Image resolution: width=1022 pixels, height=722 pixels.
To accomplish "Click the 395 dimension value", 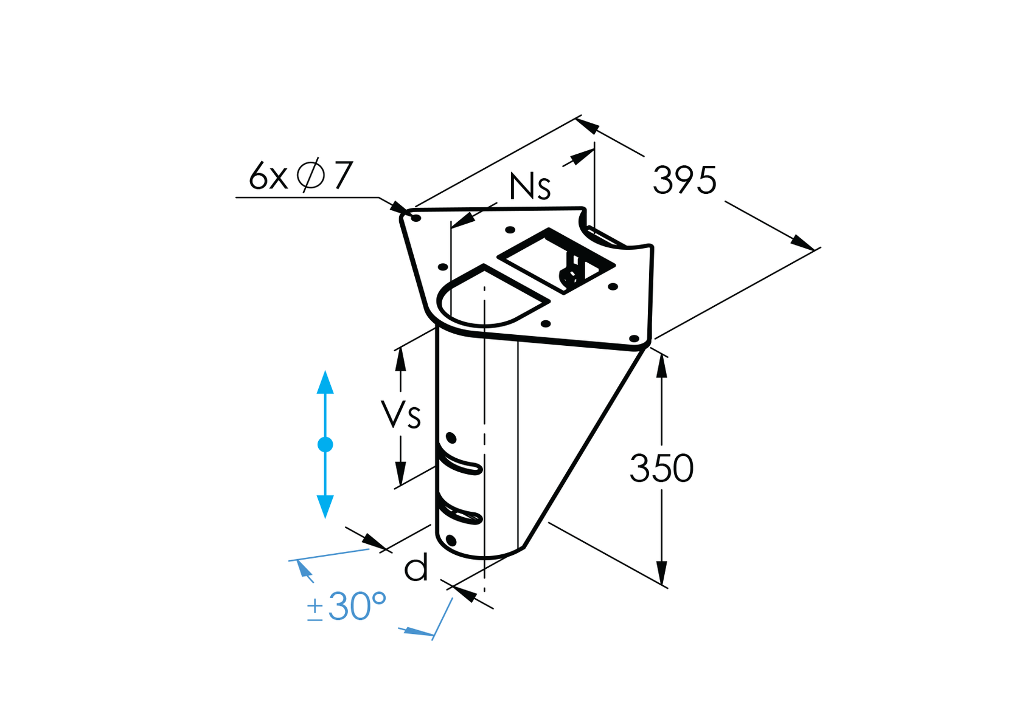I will click(684, 180).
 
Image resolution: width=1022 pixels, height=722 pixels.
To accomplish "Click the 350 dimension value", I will click(661, 469).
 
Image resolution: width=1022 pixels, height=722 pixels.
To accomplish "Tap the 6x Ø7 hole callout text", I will click(301, 175).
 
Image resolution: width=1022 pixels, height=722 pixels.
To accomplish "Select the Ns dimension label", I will click(530, 187).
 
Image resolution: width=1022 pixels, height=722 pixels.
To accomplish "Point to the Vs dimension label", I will click(401, 415).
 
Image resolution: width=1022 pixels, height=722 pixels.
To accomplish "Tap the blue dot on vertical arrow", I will click(325, 444).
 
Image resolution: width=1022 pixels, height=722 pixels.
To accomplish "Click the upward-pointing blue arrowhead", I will click(325, 382).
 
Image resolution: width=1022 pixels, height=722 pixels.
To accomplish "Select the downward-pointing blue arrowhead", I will click(325, 506).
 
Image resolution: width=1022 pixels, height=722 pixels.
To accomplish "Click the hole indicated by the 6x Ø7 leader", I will click(416, 218).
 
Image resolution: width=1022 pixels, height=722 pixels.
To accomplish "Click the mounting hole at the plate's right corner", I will click(634, 339).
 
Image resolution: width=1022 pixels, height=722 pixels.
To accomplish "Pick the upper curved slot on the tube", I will click(461, 463).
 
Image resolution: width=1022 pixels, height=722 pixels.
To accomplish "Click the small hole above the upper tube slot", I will click(451, 437).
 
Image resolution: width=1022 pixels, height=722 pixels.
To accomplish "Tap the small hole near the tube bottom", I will click(451, 540).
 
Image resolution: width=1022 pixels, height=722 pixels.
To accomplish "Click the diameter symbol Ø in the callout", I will click(311, 175).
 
